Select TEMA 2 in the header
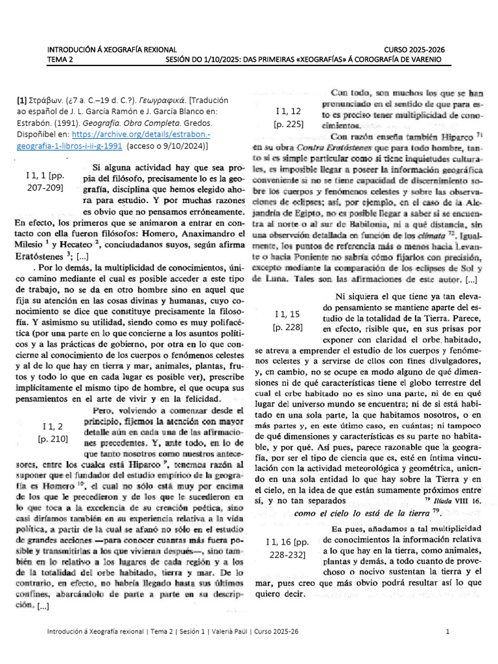(60, 60)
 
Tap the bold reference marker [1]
(21, 100)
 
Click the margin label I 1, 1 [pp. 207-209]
(45, 181)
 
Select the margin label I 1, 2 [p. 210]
(53, 431)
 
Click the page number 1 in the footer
(447, 632)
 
